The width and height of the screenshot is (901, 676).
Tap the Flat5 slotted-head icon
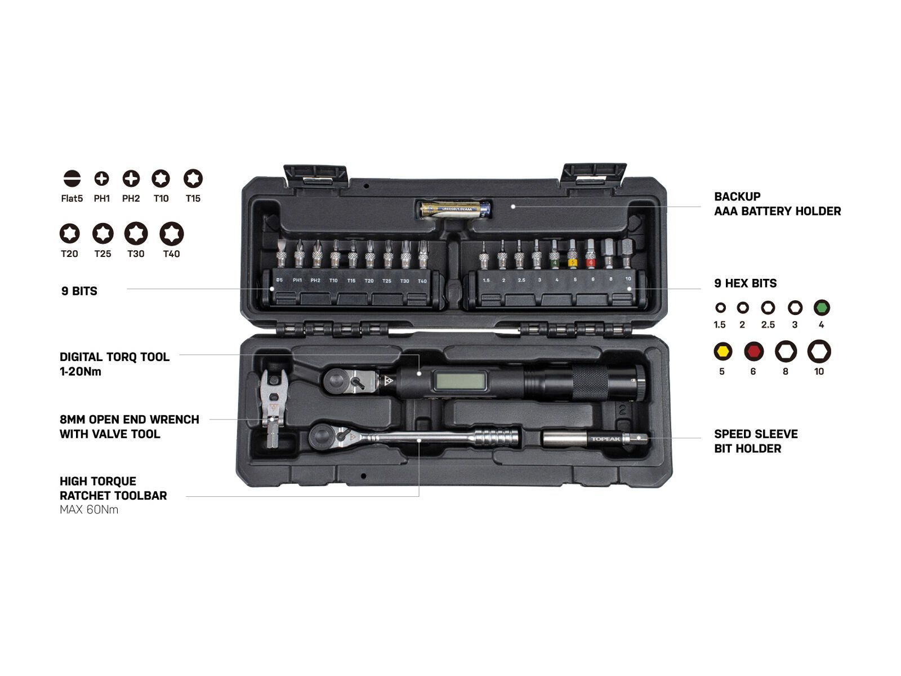coord(72,179)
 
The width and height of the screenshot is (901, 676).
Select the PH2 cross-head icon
coord(131,179)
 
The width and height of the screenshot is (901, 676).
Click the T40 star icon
coord(171,234)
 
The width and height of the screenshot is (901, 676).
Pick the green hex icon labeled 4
coord(822,308)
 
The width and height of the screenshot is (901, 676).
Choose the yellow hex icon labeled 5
coord(722,352)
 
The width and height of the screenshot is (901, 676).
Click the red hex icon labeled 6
coord(753,352)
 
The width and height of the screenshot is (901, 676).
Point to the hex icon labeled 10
coord(819,352)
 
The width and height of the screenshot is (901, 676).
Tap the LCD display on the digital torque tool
coord(460,381)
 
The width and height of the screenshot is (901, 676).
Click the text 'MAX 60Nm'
coord(89,510)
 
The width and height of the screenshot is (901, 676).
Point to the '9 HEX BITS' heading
coord(745,283)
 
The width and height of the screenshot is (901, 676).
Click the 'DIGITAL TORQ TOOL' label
coord(114,357)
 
